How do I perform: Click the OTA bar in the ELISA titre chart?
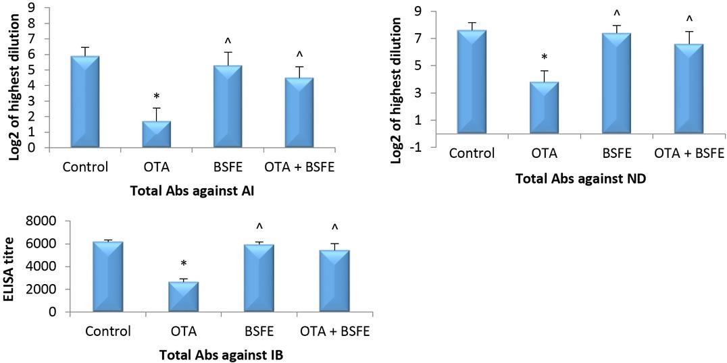coord(180,297)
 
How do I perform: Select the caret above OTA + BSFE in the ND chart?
coord(690,19)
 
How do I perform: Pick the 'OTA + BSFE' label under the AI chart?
coord(299,167)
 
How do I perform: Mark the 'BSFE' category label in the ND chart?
coord(616,153)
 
